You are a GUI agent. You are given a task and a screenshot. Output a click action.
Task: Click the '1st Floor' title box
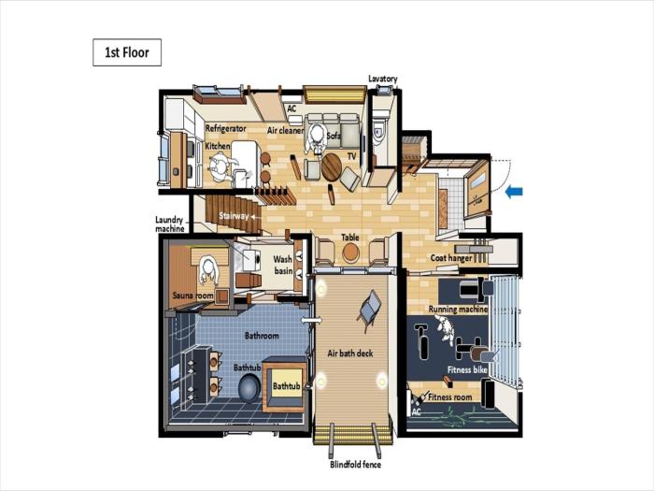(127, 52)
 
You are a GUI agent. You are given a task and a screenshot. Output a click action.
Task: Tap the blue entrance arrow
(514, 192)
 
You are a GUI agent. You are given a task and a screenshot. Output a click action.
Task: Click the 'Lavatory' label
(382, 79)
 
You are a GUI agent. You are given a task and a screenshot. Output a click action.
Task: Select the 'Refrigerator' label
(226, 128)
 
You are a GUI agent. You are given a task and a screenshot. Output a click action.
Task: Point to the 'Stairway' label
(234, 216)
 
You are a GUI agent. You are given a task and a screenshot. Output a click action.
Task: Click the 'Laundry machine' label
(169, 224)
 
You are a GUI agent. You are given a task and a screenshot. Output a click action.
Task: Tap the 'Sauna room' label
(192, 296)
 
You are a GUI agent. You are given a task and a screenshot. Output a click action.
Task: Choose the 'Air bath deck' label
(350, 354)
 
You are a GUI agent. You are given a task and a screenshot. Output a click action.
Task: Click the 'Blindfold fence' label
(355, 464)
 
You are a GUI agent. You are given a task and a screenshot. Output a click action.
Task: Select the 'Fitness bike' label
(467, 369)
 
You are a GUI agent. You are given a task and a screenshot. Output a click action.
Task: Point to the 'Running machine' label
(458, 309)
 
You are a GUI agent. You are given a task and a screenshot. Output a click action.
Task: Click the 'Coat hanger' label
(451, 258)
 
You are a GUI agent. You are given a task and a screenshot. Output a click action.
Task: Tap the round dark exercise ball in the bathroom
(249, 388)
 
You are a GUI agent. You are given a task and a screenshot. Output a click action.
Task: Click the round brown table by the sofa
(332, 167)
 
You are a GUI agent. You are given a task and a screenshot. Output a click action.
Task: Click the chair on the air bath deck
(369, 310)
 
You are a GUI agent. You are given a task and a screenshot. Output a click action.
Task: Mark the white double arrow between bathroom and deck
(311, 320)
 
